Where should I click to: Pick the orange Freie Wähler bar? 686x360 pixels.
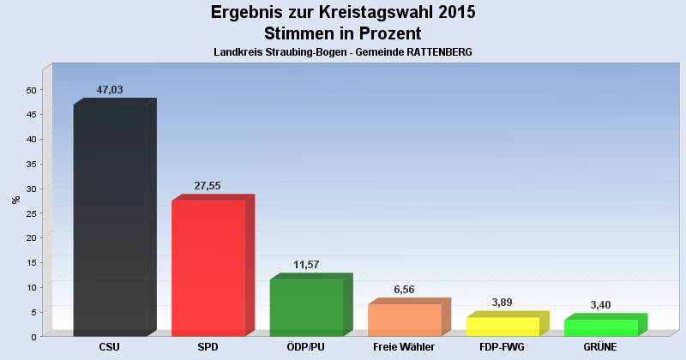pos(404,319)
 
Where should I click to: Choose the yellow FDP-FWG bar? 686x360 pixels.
pos(502,326)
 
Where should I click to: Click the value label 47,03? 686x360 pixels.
pos(111,90)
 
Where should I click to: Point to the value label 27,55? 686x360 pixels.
pos(208,185)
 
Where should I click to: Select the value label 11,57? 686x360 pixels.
pos(306,265)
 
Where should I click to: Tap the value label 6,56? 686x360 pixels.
pos(404,290)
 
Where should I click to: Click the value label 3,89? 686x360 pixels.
pos(502,303)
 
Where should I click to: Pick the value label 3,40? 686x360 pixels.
pos(600,305)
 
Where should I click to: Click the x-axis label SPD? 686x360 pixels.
pos(208,347)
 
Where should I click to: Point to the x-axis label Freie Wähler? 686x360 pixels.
pos(404,347)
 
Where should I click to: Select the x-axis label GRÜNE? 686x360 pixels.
pos(600,347)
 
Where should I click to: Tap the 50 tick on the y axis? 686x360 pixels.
pos(31,90)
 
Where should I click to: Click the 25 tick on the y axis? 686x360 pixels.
pos(31,213)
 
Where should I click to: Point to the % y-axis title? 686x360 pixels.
pos(15,200)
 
